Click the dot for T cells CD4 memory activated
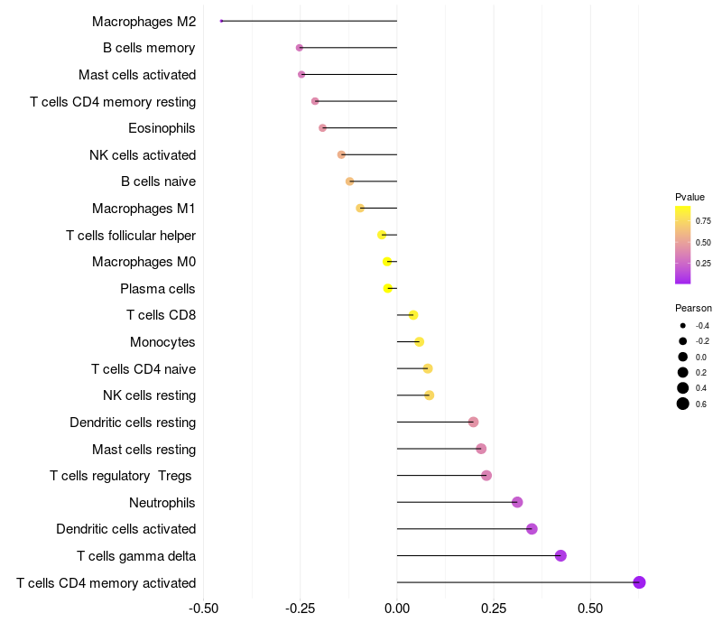[639, 582]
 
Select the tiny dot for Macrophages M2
[221, 21]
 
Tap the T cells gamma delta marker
[560, 555]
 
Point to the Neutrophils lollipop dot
[517, 502]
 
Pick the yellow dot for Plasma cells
[388, 289]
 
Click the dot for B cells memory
[300, 48]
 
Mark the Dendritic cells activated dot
[532, 529]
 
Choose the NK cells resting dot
[429, 395]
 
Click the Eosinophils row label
[162, 128]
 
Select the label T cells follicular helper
[131, 236]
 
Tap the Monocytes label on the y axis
[162, 342]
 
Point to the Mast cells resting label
[143, 450]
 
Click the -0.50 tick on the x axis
[203, 609]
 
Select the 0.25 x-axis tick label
[494, 609]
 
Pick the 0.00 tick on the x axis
[397, 609]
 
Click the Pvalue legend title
[690, 197]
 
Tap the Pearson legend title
[693, 308]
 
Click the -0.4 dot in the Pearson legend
[683, 326]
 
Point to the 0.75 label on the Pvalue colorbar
[703, 220]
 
